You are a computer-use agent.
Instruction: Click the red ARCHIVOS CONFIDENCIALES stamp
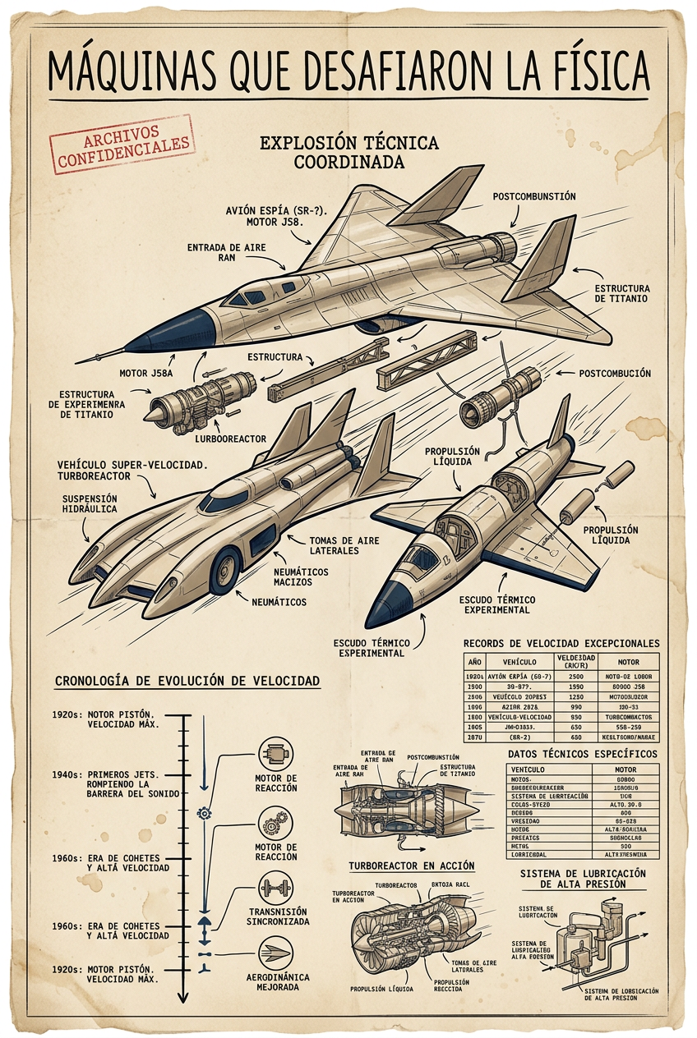pyautogui.click(x=122, y=145)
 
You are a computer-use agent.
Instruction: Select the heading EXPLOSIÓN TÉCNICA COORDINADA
pyautogui.click(x=349, y=152)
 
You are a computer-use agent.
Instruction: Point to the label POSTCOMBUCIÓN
pyautogui.click(x=615, y=374)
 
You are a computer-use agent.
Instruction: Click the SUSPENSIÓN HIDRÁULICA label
pyautogui.click(x=90, y=503)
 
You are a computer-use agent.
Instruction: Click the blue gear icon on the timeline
pyautogui.click(x=205, y=813)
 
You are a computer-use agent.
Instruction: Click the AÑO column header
pyautogui.click(x=474, y=662)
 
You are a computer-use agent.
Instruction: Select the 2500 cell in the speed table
pyautogui.click(x=575, y=676)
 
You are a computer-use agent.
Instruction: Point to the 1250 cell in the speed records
pyautogui.click(x=575, y=696)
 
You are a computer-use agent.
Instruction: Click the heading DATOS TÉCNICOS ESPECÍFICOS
pyautogui.click(x=582, y=753)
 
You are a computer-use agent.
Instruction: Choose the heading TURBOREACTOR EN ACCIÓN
pyautogui.click(x=411, y=866)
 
